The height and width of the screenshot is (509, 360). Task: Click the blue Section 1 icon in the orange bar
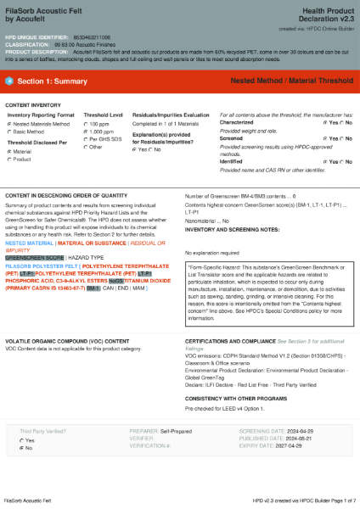[x=10, y=81]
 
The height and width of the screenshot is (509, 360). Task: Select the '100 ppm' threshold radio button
[x=87, y=124]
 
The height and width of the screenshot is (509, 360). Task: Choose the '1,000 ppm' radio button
[x=87, y=131]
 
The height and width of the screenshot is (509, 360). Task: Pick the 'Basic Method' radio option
[x=9, y=131]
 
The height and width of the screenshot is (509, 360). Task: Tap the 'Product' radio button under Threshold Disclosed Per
[x=9, y=159]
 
